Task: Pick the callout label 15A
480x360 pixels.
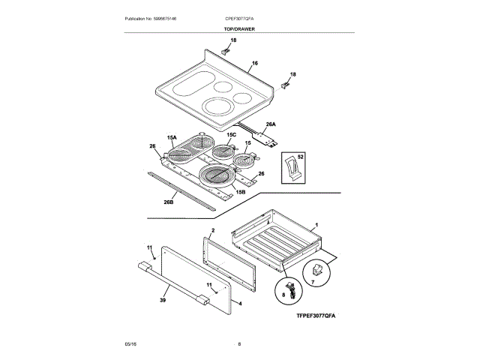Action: click(172, 138)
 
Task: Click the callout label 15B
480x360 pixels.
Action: click(241, 193)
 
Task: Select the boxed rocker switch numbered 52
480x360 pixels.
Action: click(293, 166)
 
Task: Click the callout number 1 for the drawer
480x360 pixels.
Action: click(316, 226)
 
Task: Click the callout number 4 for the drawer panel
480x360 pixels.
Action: click(239, 303)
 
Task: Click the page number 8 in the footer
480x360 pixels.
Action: click(239, 343)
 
